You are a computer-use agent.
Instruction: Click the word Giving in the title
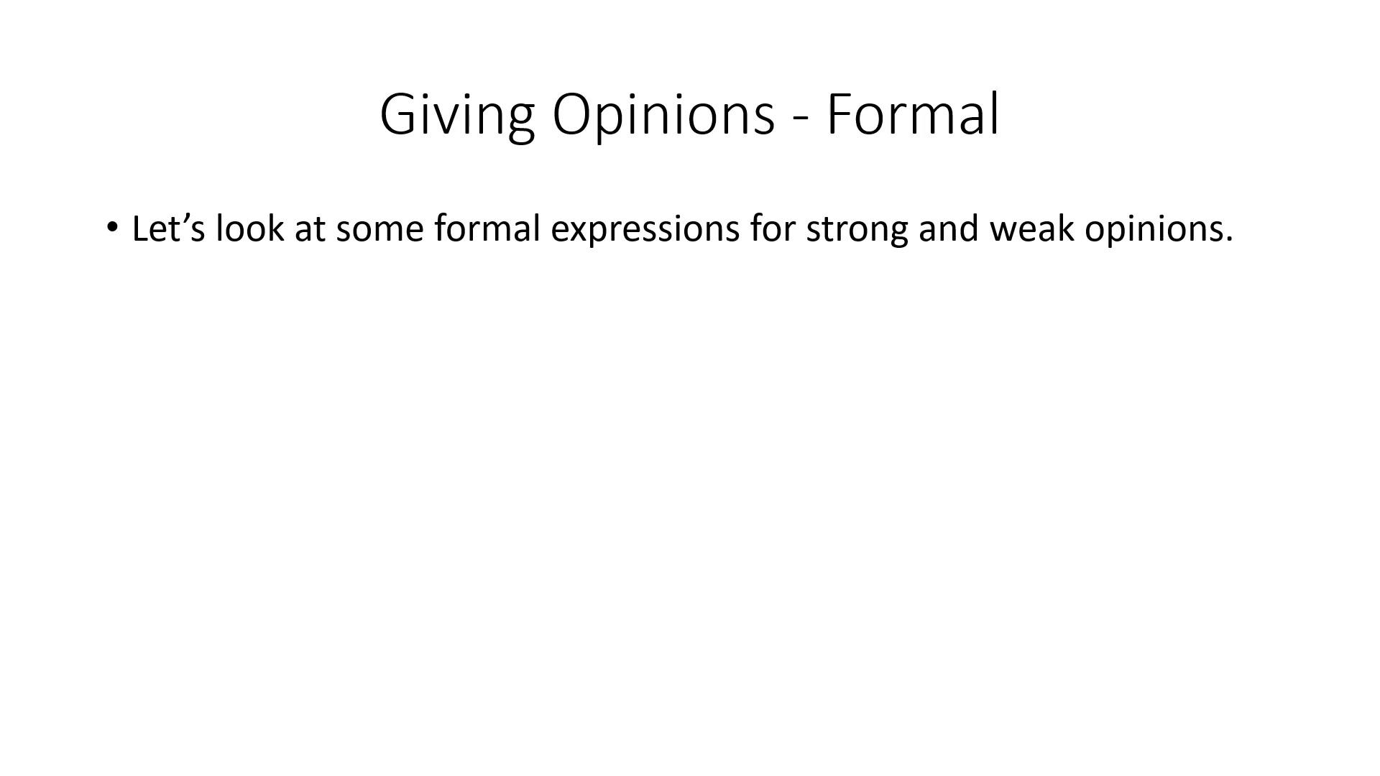tap(457, 115)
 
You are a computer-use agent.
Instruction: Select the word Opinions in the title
tap(663, 115)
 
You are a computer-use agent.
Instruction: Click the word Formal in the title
tap(913, 114)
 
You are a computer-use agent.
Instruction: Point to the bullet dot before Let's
tap(111, 228)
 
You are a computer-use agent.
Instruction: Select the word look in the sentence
tap(250, 228)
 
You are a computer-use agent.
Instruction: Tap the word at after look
tap(310, 230)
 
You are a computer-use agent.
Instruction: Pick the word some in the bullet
tap(379, 232)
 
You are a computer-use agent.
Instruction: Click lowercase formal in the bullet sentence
tap(487, 228)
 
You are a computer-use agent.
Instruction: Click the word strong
tap(857, 232)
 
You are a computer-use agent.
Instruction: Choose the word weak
tap(1031, 228)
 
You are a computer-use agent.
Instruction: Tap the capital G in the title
tap(400, 115)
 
